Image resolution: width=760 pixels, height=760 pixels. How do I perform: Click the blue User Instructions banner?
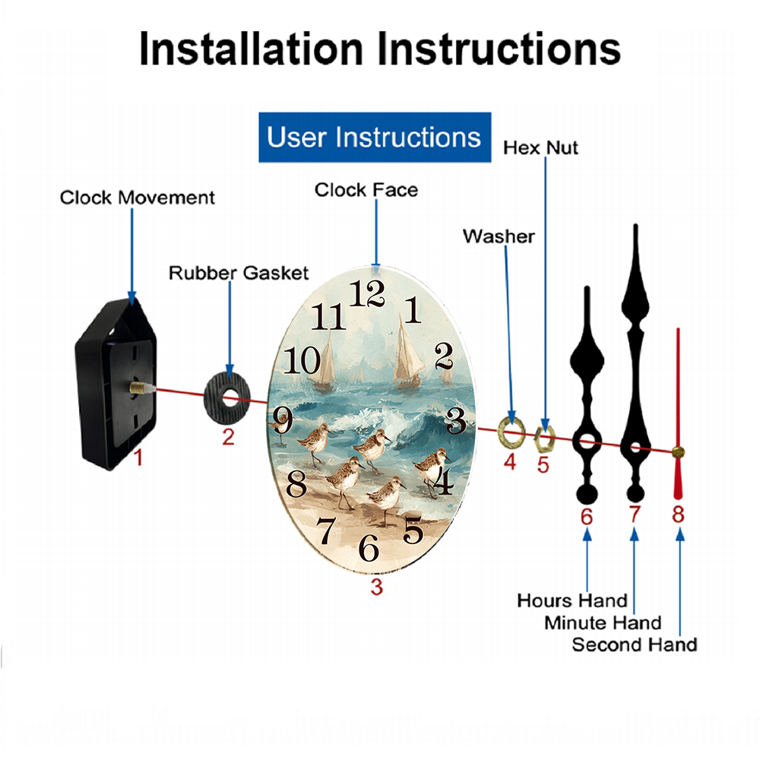(x=375, y=137)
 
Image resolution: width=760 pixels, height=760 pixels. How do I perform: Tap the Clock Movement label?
(x=137, y=198)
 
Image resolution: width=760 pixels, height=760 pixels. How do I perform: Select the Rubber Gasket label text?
(x=239, y=273)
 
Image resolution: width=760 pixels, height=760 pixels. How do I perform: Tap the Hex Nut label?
(x=540, y=148)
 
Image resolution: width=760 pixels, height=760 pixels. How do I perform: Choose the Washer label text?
(x=499, y=236)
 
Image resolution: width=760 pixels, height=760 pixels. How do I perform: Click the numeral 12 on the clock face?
(x=367, y=293)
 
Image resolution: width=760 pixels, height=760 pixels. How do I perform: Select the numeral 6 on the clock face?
(x=369, y=548)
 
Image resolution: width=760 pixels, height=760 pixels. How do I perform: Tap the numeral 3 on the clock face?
(x=455, y=420)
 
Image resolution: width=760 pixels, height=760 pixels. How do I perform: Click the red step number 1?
(x=138, y=458)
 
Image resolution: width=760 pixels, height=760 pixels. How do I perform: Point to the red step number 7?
(x=635, y=515)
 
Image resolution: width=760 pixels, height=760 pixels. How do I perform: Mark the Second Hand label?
(x=635, y=645)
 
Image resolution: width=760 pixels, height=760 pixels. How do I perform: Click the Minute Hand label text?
(x=603, y=623)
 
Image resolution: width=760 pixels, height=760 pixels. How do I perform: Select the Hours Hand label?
(x=572, y=601)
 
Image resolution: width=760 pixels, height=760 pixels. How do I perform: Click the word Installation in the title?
(x=251, y=49)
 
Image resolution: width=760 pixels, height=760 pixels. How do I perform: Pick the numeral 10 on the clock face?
(x=302, y=360)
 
